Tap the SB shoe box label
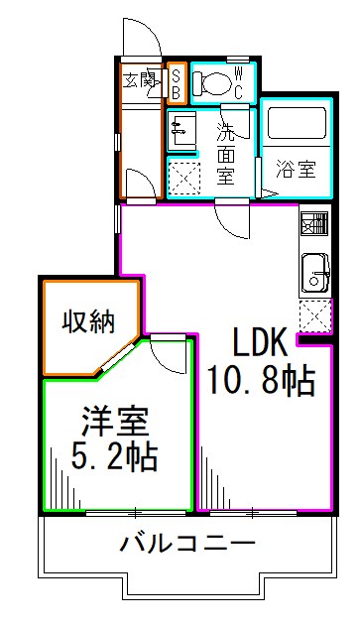click(x=176, y=83)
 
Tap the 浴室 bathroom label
click(x=296, y=169)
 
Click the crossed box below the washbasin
click(x=183, y=180)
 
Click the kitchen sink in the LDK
click(x=315, y=271)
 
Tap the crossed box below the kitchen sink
click(x=314, y=316)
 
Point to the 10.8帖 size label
click(x=261, y=380)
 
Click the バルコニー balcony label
click(x=188, y=544)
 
